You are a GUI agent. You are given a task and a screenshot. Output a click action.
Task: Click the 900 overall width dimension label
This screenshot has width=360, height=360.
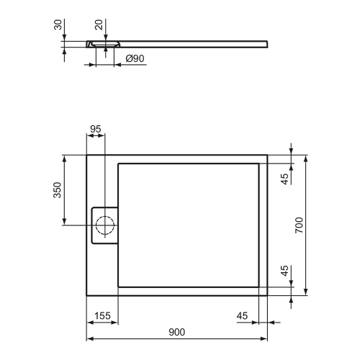(x=177, y=332)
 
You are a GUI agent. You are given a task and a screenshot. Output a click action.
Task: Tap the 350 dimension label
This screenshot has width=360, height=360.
(x=58, y=190)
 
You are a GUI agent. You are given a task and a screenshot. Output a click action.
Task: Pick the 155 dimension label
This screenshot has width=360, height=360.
(x=102, y=315)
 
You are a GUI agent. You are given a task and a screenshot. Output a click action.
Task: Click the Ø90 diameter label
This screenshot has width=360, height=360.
(x=135, y=58)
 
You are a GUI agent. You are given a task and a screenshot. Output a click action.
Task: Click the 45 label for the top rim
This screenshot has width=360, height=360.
(x=284, y=178)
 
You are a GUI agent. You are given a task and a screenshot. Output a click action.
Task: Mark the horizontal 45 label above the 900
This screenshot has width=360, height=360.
(x=242, y=315)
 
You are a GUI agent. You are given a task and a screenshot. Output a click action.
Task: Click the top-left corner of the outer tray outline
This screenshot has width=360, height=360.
(x=87, y=154)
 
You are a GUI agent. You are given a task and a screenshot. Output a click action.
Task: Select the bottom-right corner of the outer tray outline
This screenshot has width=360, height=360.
(x=268, y=294)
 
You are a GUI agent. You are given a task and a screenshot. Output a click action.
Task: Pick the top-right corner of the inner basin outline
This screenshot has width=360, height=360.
(x=259, y=163)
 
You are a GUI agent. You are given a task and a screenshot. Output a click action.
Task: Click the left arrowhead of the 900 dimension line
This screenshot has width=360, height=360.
(x=89, y=338)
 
